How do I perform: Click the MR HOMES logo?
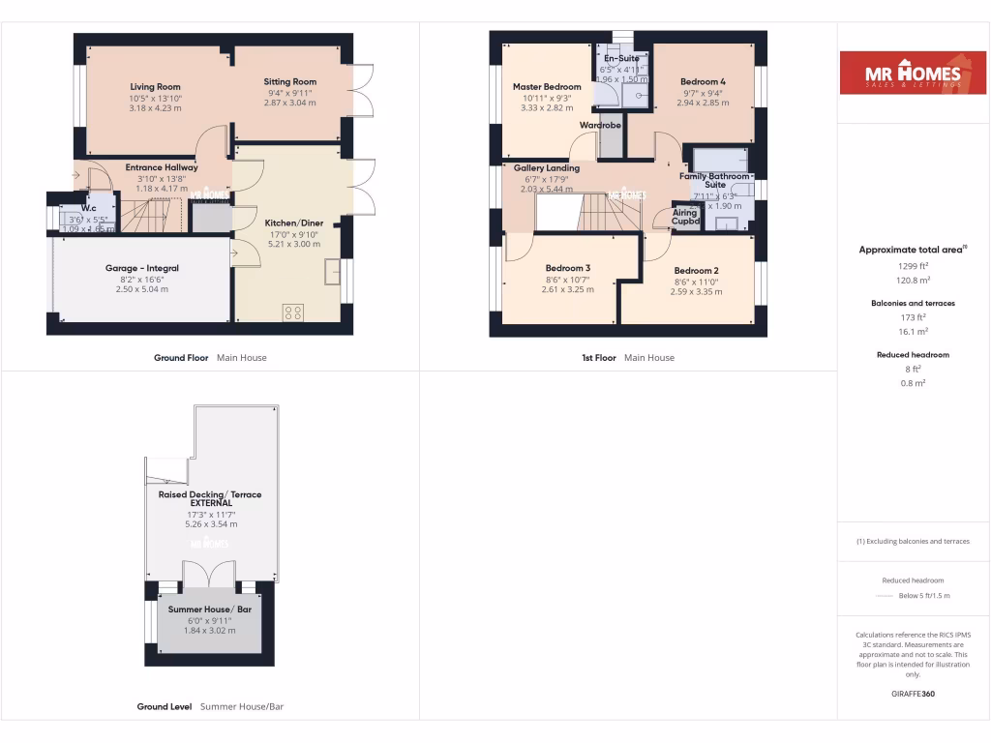coord(906,74)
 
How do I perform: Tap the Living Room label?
coord(155,87)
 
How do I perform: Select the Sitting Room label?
coord(290,82)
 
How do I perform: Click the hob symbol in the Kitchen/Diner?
coord(292,312)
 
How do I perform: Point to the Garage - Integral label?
coord(142,268)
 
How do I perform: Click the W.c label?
coord(88,208)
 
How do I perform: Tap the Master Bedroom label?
coord(547,87)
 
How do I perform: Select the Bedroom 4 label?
coord(703,82)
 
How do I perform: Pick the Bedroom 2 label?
coord(696,271)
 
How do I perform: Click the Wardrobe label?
coord(600,126)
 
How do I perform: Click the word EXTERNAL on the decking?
coord(211,503)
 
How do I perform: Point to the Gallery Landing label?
coord(547,167)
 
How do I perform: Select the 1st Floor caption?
coord(598,358)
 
